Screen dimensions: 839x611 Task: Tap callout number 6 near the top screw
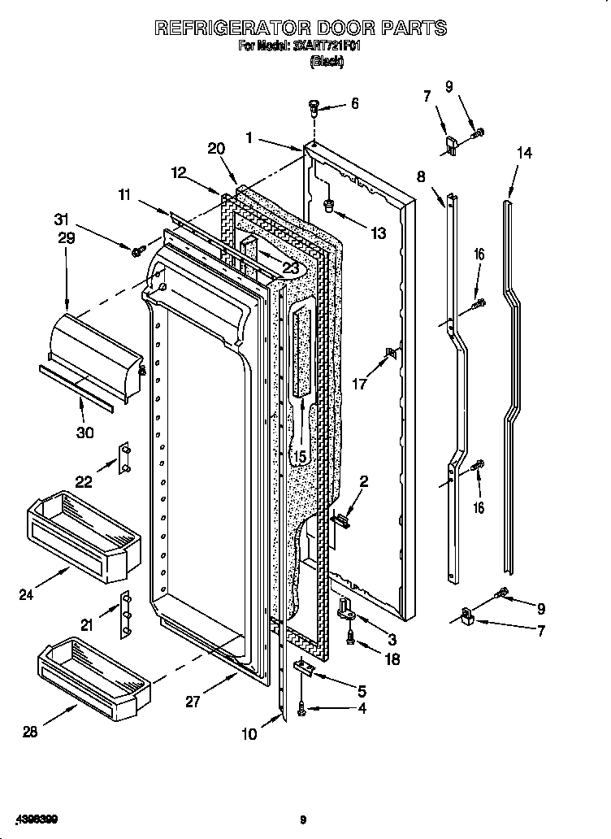pos(354,104)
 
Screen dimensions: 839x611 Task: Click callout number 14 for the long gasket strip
pos(524,153)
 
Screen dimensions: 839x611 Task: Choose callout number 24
pos(27,594)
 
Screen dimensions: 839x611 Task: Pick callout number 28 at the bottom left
pos(30,732)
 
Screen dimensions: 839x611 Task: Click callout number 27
pos(193,702)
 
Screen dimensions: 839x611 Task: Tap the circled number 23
pos(290,268)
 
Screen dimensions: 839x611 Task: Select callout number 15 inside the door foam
pos(300,457)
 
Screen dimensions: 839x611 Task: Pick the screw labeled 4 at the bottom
pos(302,711)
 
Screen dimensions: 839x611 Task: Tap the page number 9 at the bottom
pos(303,819)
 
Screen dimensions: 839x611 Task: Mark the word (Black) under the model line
pos(327,62)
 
